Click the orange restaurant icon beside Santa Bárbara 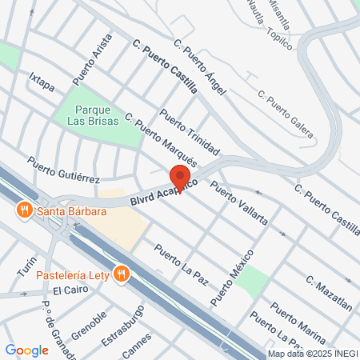tap(24, 211)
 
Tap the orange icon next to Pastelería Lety tap(122, 274)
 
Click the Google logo tap(27, 350)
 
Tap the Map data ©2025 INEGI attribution tap(313, 354)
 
